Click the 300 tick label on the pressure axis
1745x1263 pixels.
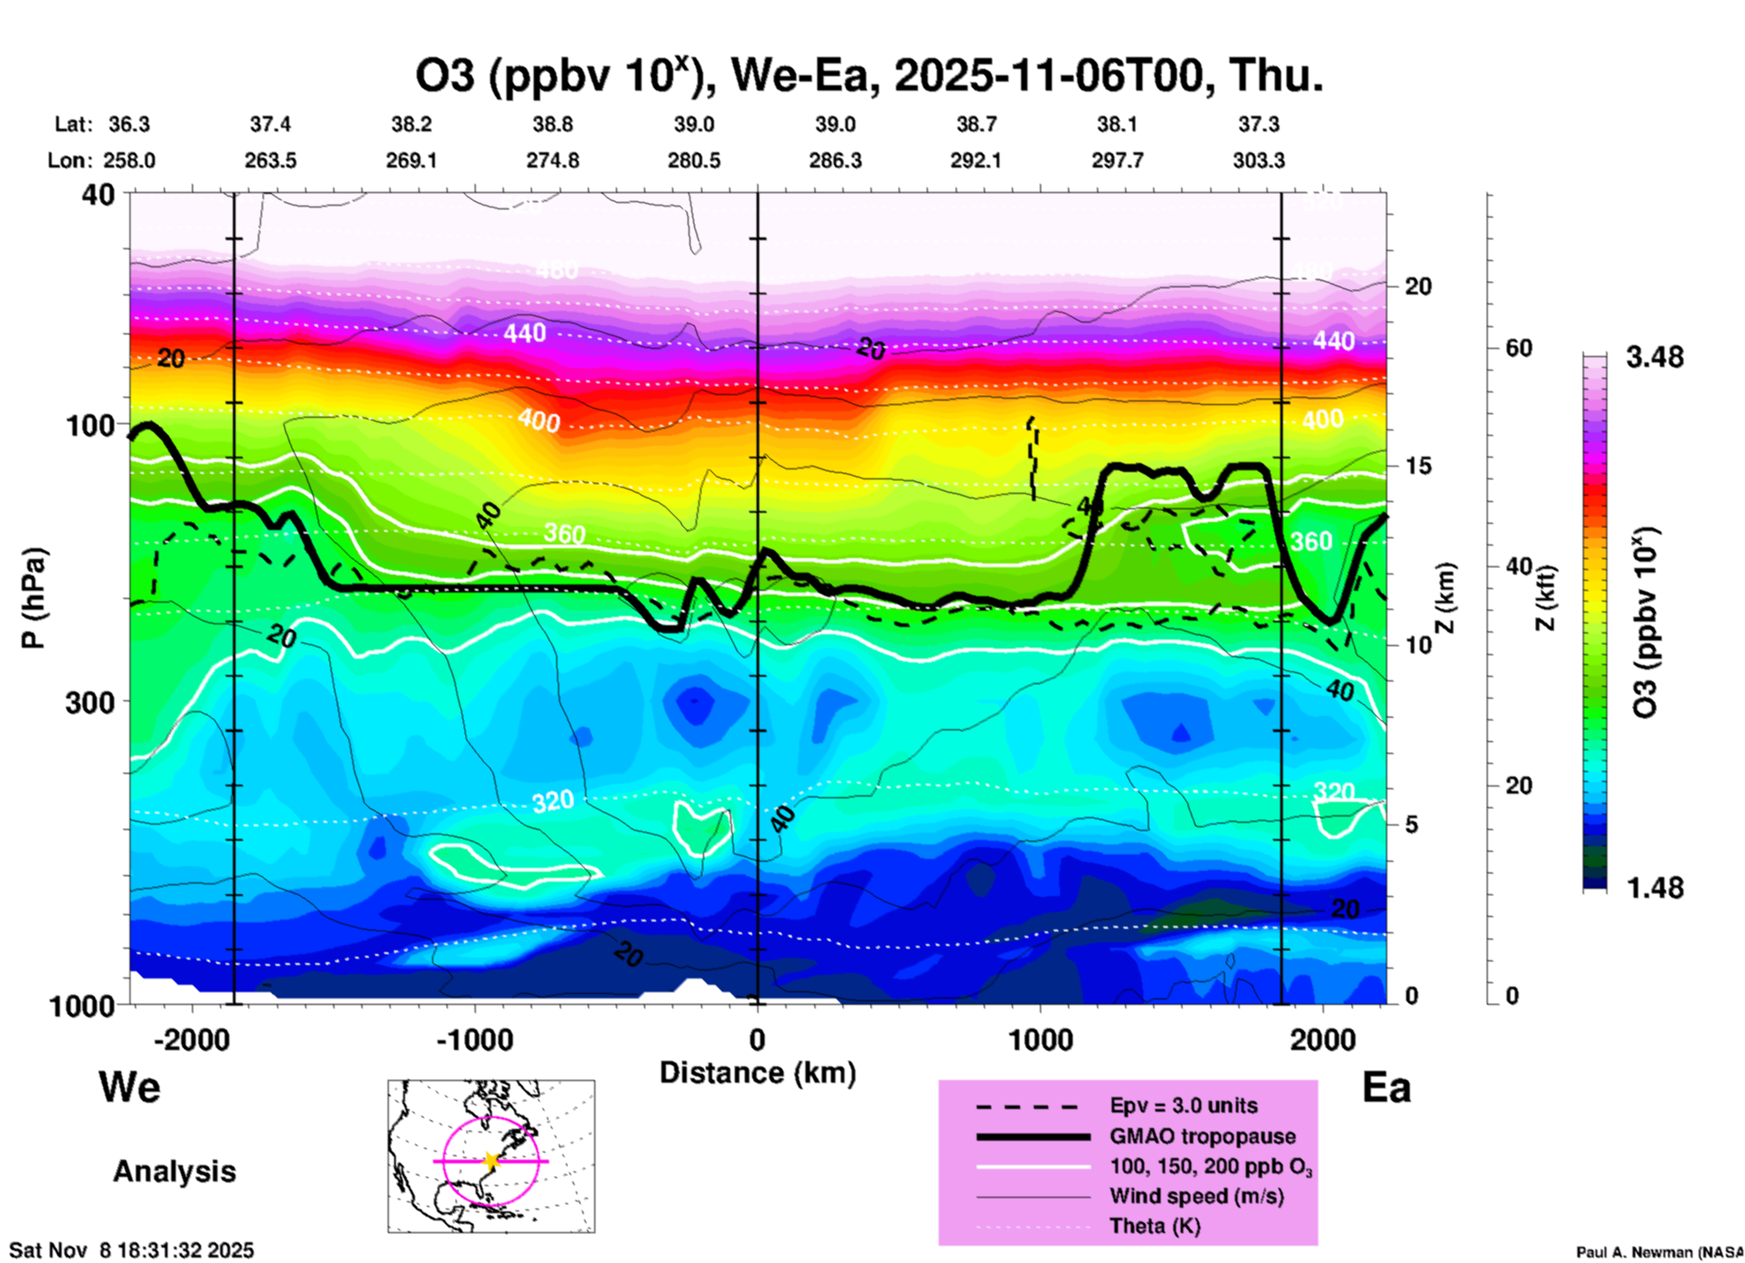91,702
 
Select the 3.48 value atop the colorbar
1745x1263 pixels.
1654,357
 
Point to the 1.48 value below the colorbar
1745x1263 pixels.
1654,888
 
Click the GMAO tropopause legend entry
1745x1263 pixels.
1202,1136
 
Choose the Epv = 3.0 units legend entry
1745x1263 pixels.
1183,1105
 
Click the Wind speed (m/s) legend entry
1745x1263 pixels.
1196,1196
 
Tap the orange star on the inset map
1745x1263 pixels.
491,1161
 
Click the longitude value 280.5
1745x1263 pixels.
694,160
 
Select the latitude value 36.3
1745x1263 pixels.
130,124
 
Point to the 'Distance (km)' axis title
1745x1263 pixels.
757,1073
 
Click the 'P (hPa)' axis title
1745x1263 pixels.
33,598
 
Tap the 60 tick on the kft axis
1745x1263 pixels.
1519,349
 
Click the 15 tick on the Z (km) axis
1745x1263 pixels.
1418,466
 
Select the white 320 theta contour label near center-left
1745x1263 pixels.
552,801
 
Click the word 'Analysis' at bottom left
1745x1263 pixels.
174,1171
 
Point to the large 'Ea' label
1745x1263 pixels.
1386,1087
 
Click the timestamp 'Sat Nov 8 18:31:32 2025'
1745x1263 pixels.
132,1250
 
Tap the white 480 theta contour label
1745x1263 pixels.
555,270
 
